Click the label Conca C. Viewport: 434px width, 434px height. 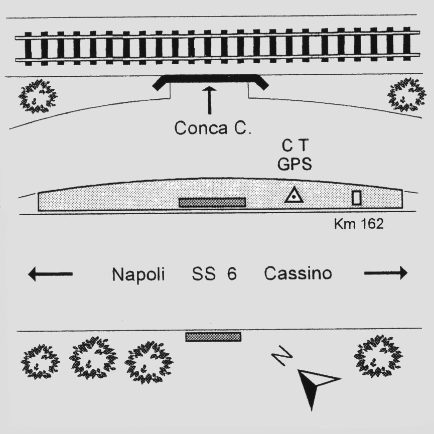(x=213, y=128)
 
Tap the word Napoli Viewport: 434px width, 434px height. (x=138, y=274)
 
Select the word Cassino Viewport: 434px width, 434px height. (x=298, y=274)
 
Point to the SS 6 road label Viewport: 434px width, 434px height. (x=214, y=274)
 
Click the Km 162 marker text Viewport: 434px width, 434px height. (x=358, y=224)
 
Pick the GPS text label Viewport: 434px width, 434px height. (x=295, y=165)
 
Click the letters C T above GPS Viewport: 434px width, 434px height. (x=295, y=147)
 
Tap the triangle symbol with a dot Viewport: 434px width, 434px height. (x=294, y=195)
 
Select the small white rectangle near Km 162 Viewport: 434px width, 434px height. (x=356, y=198)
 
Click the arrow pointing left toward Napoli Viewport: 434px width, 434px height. (x=50, y=274)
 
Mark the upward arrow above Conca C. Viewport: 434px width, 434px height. (x=209, y=100)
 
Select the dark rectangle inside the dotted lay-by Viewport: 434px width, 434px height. (x=212, y=202)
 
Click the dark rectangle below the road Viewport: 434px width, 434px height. (x=213, y=337)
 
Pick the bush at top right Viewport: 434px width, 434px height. (x=406, y=94)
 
